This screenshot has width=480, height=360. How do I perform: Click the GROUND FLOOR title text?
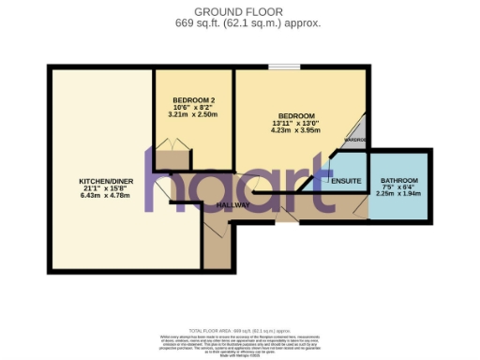(239, 11)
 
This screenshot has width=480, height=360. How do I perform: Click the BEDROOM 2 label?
(194, 99)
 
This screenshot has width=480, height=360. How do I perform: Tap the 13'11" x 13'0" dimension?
(295, 123)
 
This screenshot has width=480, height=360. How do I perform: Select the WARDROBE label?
(354, 140)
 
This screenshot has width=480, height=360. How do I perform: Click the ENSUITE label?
(346, 180)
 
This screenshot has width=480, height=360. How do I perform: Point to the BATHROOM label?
(397, 180)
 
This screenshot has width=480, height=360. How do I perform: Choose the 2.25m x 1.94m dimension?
(397, 194)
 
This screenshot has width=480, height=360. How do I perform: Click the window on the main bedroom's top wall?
(284, 67)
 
